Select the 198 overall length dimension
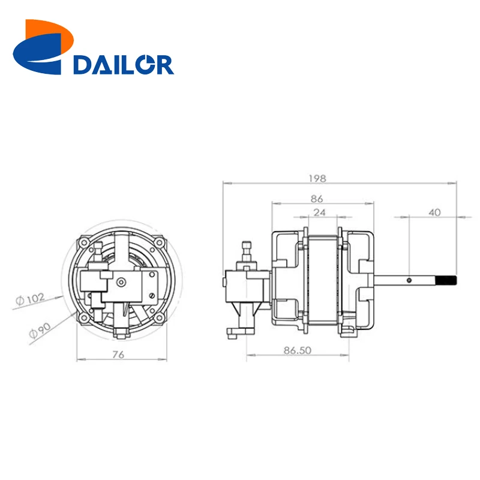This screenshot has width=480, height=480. tap(317, 178)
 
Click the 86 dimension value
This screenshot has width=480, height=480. tap(317, 198)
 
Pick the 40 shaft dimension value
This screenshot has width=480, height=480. tap(435, 212)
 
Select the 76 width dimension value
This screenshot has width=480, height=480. tap(118, 355)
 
